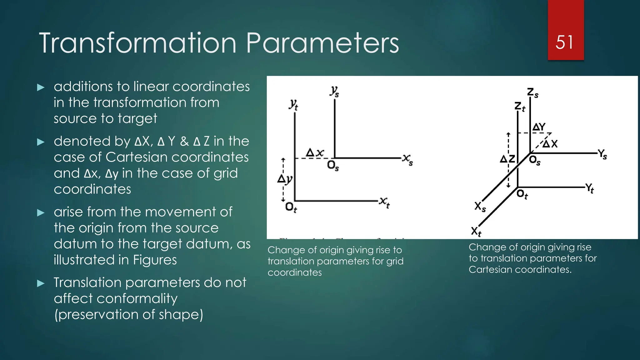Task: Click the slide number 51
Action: pyautogui.click(x=565, y=42)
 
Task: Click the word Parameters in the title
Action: pyautogui.click(x=322, y=43)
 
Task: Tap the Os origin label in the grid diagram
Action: pyautogui.click(x=333, y=165)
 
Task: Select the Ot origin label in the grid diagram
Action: pyautogui.click(x=291, y=207)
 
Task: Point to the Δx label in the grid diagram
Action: pyautogui.click(x=315, y=153)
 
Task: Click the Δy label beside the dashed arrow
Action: pyautogui.click(x=285, y=179)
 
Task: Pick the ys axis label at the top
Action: pyautogui.click(x=334, y=91)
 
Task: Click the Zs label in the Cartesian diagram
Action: pyautogui.click(x=532, y=93)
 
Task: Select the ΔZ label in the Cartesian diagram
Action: pyautogui.click(x=507, y=159)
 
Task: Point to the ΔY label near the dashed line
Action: pyautogui.click(x=539, y=127)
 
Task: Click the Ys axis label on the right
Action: pyautogui.click(x=602, y=154)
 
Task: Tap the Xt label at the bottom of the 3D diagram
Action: pyautogui.click(x=476, y=232)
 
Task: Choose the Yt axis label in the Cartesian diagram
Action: pyautogui.click(x=589, y=188)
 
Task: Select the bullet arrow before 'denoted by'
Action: pyautogui.click(x=41, y=142)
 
